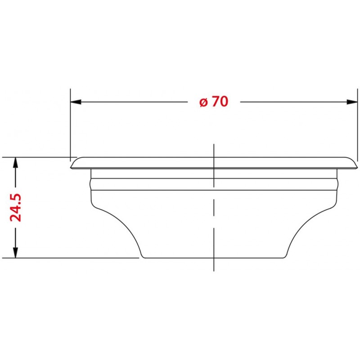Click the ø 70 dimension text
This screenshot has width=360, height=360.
click(x=214, y=102)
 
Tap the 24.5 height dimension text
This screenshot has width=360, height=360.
click(x=16, y=208)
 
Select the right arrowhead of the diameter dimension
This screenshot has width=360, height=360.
click(x=353, y=102)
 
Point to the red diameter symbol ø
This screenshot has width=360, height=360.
click(x=203, y=103)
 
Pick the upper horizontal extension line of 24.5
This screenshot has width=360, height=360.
click(x=36, y=157)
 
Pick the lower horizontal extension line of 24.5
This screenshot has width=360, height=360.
click(x=67, y=258)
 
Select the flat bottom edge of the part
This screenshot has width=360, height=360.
click(x=213, y=258)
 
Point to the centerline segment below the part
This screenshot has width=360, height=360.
click(x=213, y=265)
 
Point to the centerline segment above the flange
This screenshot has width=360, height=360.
click(x=213, y=150)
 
